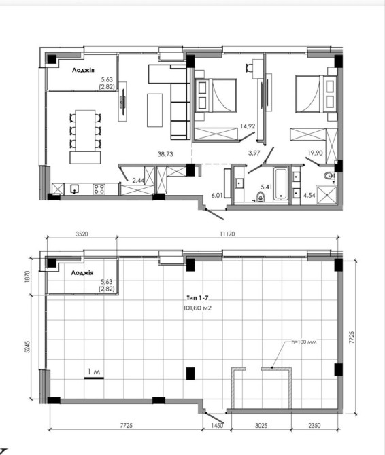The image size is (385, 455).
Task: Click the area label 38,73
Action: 165,154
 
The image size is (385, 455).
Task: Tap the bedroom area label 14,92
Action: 248,126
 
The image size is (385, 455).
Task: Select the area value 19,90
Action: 315,153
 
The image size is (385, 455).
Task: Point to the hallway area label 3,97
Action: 254,153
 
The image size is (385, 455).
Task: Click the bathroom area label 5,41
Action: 267,187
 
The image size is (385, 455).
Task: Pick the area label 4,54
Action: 309,195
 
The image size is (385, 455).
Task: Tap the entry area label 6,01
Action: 217,196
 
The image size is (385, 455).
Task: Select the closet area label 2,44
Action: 138,181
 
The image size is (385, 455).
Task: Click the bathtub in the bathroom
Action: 281,183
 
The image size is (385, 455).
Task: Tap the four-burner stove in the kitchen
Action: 99,189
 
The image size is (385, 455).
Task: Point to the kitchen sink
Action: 75,189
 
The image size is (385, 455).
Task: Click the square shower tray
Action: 327,196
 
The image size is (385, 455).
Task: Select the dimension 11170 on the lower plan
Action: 227,234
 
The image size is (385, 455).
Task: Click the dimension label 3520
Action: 82,234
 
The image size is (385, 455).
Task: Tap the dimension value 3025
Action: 261,425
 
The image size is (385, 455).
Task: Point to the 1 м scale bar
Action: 94,378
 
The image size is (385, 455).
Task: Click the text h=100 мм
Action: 304,342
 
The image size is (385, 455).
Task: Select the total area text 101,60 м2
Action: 197,308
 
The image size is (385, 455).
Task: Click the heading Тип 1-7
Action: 197,298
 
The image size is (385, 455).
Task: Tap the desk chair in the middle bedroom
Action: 250,67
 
